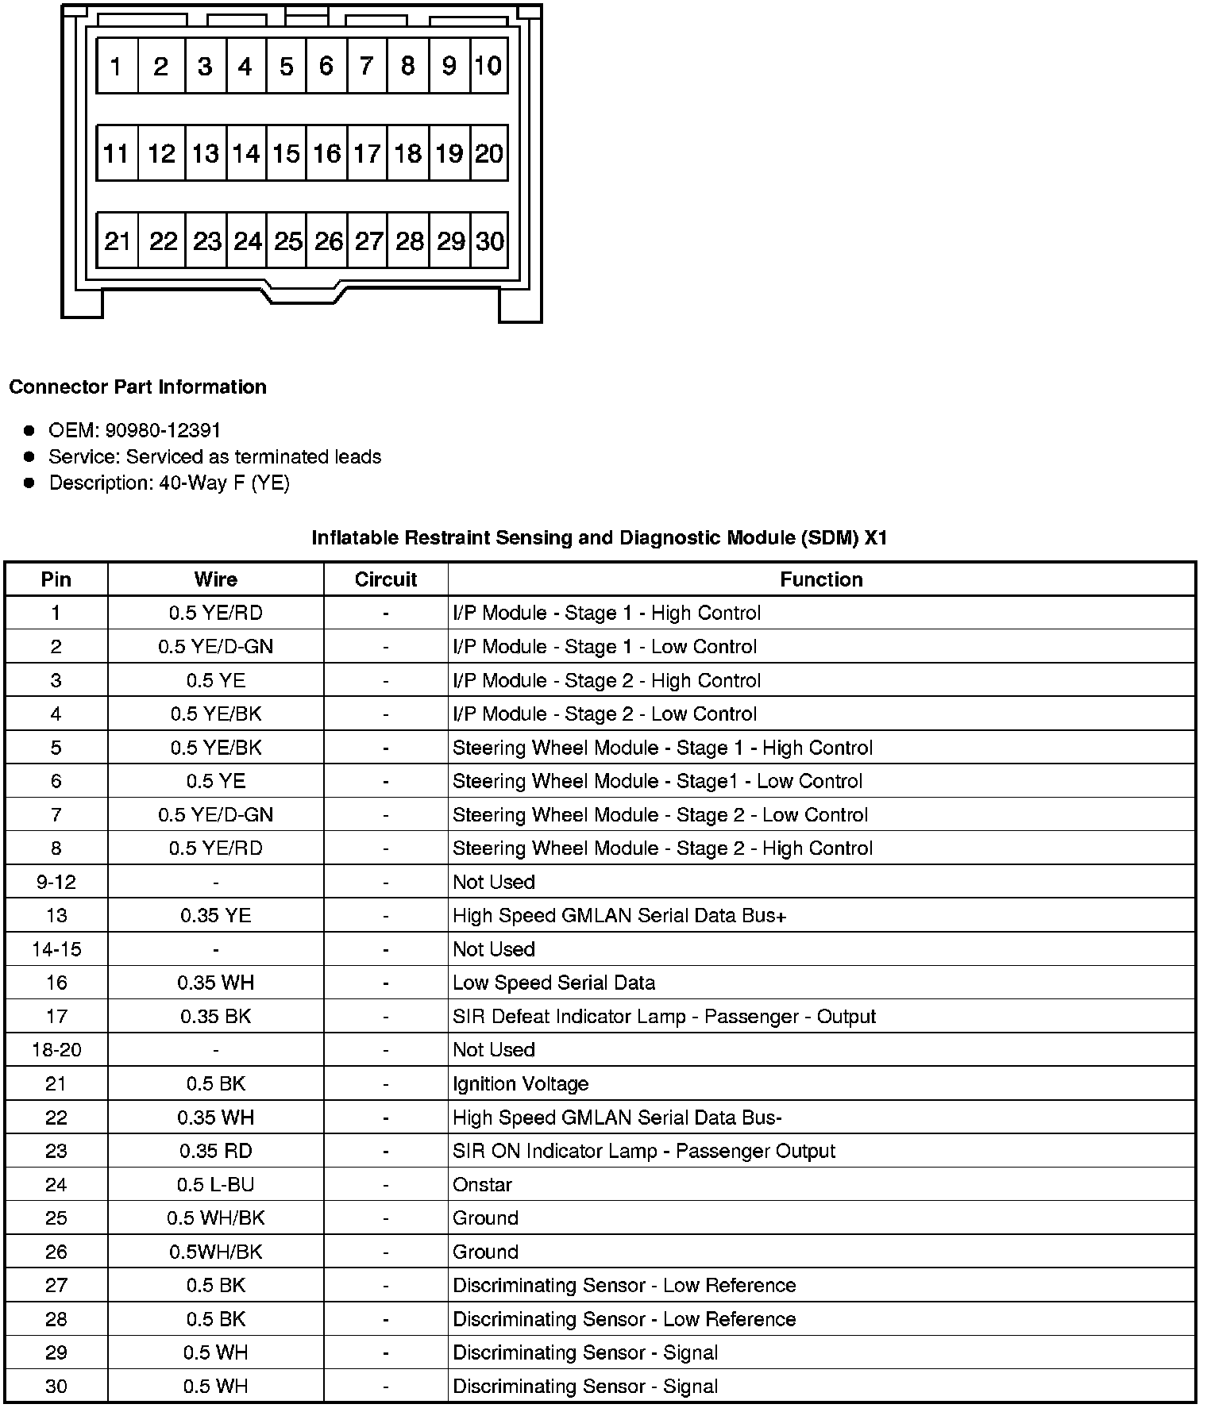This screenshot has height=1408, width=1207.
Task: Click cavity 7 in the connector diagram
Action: [x=366, y=66]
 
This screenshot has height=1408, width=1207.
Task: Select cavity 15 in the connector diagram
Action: [x=286, y=153]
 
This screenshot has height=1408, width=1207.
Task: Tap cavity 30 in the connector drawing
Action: [x=489, y=240]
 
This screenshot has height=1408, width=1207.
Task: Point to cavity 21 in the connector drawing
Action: [x=118, y=240]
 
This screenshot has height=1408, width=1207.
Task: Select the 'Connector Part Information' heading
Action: [x=137, y=387]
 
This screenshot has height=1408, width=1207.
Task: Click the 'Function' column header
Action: [x=821, y=579]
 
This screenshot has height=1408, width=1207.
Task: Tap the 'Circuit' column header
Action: [x=386, y=579]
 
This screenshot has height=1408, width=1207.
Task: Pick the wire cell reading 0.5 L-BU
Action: [x=215, y=1185]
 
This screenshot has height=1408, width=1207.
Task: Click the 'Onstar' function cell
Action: [x=483, y=1185]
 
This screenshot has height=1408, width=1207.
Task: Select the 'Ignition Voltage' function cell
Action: [x=521, y=1083]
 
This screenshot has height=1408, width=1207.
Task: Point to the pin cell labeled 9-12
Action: [x=56, y=882]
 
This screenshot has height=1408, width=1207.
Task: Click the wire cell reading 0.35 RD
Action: [x=215, y=1151]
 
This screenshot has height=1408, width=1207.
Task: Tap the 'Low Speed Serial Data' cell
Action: [x=554, y=983]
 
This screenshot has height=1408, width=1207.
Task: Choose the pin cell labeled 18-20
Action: [x=56, y=1050]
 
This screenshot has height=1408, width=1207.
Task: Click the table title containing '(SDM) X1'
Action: [x=599, y=537]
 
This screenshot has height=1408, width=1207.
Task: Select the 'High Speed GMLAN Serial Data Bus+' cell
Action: [x=619, y=916]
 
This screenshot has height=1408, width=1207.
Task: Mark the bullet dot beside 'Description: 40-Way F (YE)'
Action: [x=29, y=483]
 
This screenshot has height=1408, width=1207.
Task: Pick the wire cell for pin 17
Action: [x=215, y=1017]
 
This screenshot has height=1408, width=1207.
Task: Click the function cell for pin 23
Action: [x=644, y=1151]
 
